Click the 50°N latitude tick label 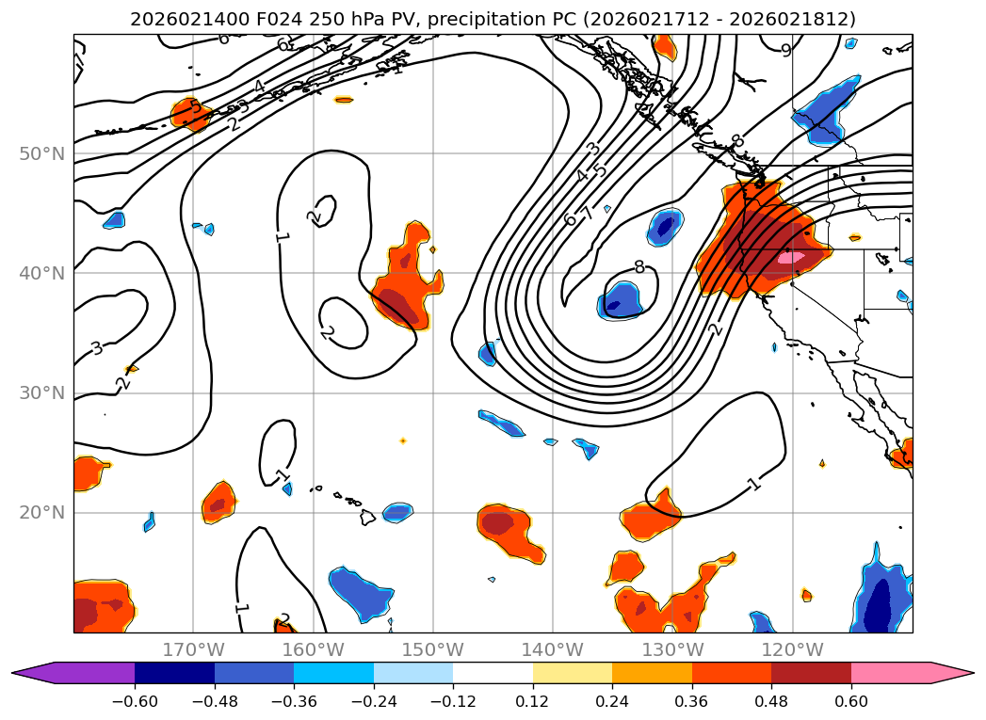tap(42, 153)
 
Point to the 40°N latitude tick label tap(42, 273)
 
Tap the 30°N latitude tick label tap(42, 392)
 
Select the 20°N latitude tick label tap(42, 512)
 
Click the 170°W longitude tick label tap(193, 649)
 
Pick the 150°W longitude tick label tap(432, 649)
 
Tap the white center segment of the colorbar tap(493, 673)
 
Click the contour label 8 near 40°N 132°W tap(639, 266)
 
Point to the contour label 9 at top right tap(786, 50)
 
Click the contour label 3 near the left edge tap(97, 347)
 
